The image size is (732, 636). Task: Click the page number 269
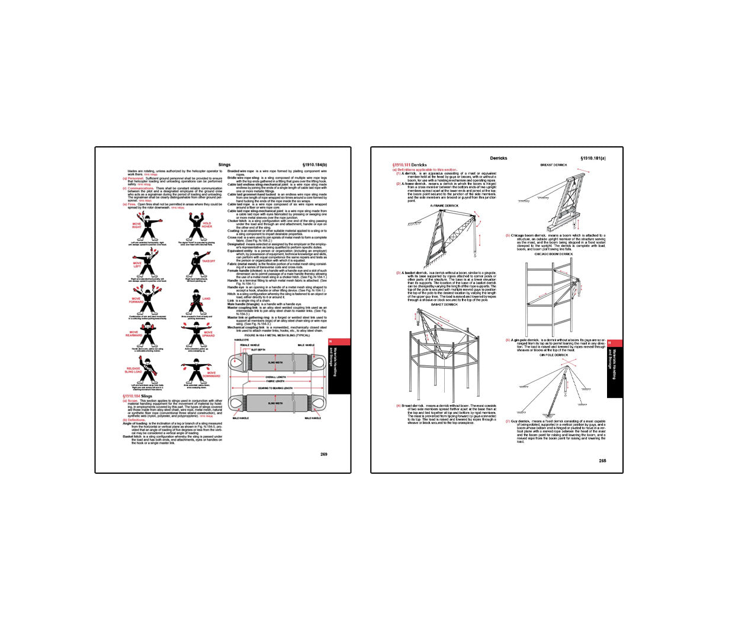click(x=324, y=454)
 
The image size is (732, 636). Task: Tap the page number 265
click(x=602, y=461)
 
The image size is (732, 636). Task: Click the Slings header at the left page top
click(x=224, y=165)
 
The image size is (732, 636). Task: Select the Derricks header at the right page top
click(x=499, y=158)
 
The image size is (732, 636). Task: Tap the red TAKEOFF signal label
click(x=208, y=261)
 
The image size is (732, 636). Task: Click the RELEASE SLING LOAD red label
click(x=133, y=370)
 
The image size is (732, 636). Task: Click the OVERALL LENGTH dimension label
click(x=275, y=377)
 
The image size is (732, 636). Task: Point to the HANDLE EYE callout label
click(x=241, y=340)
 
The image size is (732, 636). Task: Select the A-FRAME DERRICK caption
click(x=444, y=205)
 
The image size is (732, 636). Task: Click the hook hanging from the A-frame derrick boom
click(x=474, y=256)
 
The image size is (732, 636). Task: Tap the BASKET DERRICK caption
click(x=444, y=304)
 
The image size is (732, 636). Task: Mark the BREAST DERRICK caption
click(x=554, y=165)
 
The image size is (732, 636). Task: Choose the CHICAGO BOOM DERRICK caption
click(x=554, y=254)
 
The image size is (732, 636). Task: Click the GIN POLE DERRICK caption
click(x=554, y=355)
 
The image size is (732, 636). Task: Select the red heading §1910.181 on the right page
click(x=401, y=165)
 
